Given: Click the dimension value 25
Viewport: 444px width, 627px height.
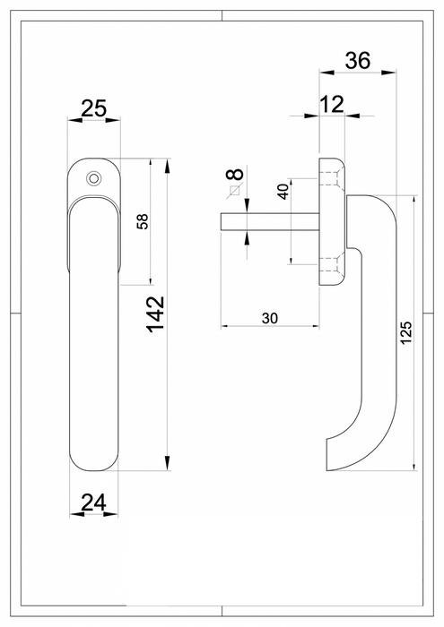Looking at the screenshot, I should tap(93, 109).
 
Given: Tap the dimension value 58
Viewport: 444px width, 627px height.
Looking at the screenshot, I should tap(141, 222).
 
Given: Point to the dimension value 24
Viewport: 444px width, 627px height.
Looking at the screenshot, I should tap(93, 504).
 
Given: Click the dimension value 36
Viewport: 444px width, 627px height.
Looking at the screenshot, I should tap(358, 61).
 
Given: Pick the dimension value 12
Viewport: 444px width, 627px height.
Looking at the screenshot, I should tap(331, 104).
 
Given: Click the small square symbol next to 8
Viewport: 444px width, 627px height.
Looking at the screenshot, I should tap(234, 190).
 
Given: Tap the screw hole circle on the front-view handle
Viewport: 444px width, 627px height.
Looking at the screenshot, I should tap(92, 179).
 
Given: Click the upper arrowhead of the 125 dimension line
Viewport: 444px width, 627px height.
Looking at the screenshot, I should tap(414, 199).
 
